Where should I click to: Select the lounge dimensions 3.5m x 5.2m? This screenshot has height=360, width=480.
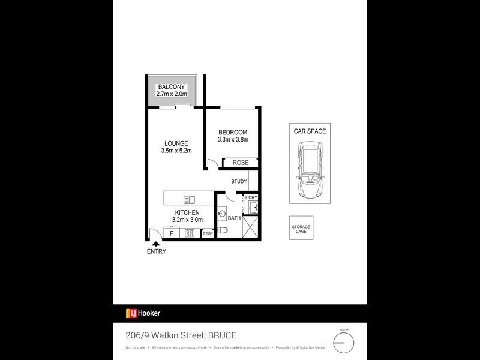click(176, 151)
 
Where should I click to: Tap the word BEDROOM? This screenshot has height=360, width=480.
click(233, 132)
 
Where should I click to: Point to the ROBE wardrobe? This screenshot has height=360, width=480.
click(240, 163)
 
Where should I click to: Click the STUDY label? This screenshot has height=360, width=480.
click(239, 181)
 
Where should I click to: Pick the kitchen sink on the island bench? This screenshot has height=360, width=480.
click(190, 200)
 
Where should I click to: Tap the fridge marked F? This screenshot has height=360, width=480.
click(172, 233)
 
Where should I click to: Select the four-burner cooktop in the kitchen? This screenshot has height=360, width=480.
click(191, 233)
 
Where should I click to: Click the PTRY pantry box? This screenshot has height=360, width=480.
click(208, 234)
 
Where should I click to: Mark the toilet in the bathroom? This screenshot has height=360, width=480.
click(223, 230)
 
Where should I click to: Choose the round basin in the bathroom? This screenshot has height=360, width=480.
click(223, 212)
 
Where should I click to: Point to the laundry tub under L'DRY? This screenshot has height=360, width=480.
click(252, 208)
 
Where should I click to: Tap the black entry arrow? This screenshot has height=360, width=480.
click(156, 243)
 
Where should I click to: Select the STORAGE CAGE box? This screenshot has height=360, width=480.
click(301, 229)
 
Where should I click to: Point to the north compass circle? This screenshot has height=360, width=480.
click(344, 343)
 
